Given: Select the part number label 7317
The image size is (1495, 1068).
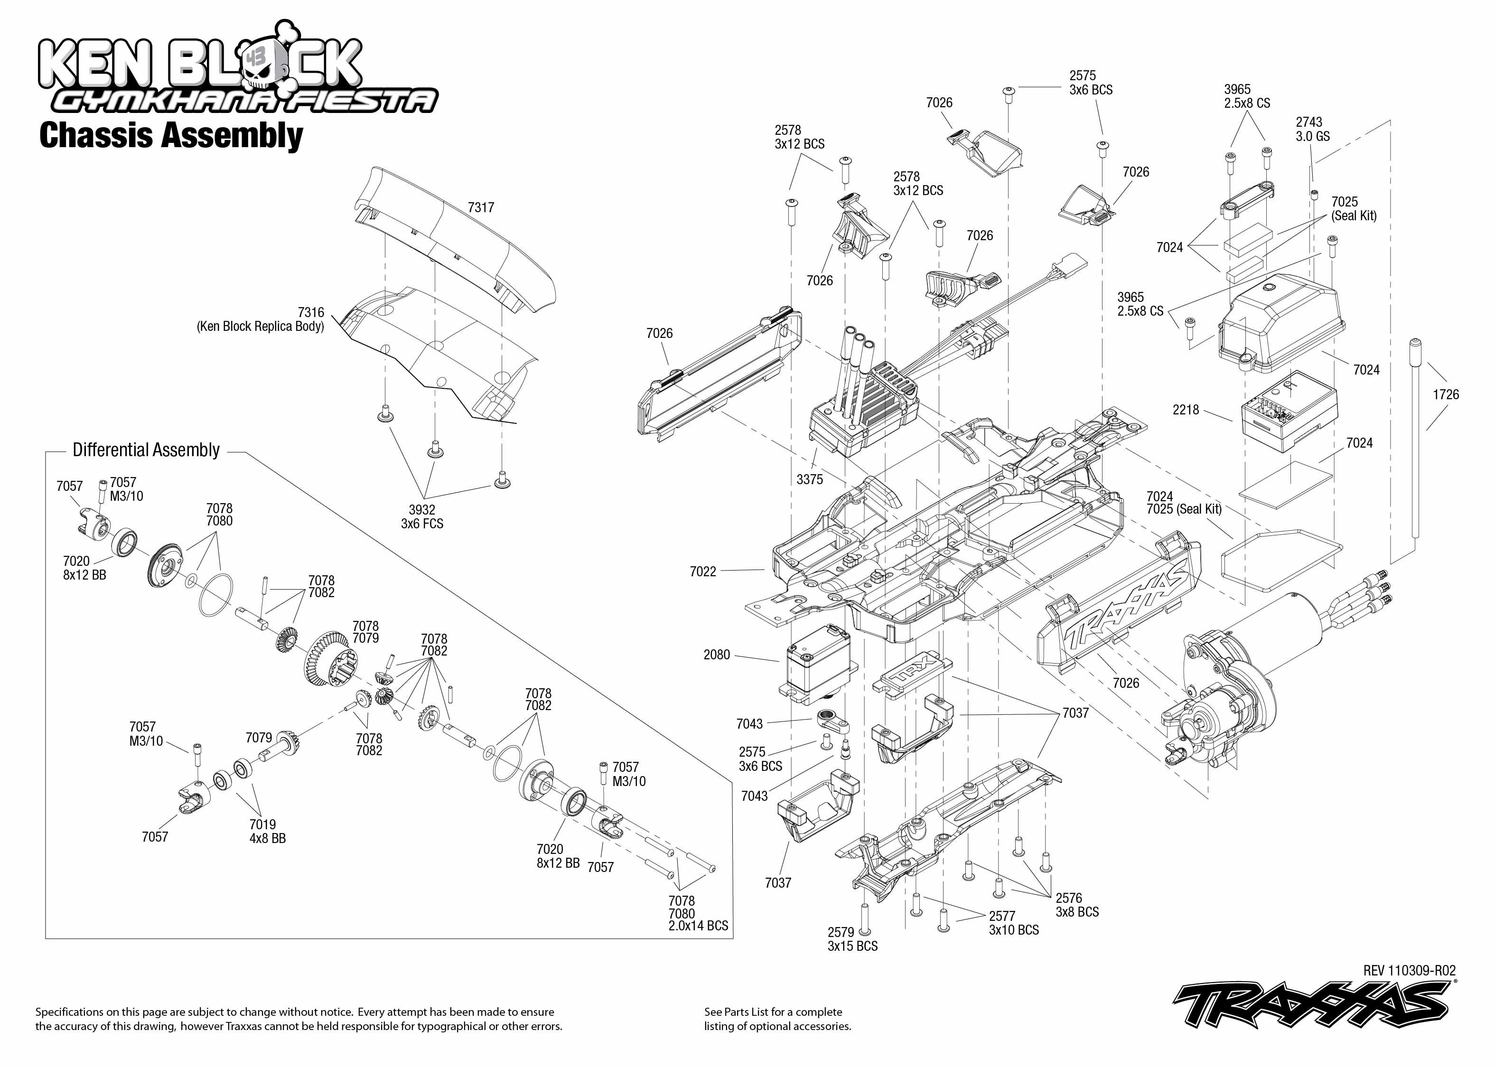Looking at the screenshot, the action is tap(481, 207).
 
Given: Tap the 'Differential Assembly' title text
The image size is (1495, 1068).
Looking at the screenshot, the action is tap(146, 450).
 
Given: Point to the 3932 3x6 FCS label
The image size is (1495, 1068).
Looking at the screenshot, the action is tap(422, 517).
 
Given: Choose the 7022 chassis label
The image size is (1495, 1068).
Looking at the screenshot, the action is tap(703, 571).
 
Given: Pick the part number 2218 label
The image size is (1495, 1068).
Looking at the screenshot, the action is tap(1186, 410).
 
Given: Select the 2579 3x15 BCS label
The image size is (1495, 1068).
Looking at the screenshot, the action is tap(852, 939).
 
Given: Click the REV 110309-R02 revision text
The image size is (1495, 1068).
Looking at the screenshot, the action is tap(1410, 971).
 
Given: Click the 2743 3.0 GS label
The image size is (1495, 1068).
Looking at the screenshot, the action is tap(1312, 130).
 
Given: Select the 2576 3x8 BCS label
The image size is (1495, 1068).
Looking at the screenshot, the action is tap(1077, 905).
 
